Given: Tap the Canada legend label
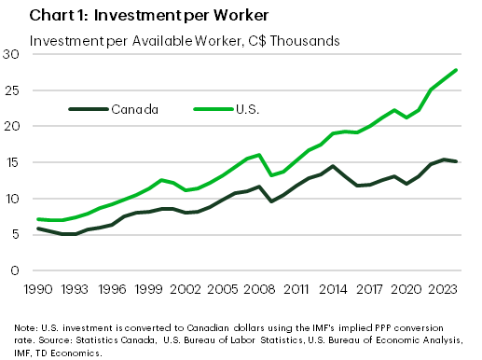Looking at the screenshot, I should pos(135,109).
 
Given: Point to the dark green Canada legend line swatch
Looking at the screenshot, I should pos(88,109).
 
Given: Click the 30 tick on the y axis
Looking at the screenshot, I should pos(12,54).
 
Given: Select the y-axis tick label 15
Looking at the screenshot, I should pos(12,162).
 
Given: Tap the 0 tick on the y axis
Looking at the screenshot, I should pos(16,271).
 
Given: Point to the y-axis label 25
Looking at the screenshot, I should pos(12,90).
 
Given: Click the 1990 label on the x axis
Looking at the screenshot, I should pos(38,289).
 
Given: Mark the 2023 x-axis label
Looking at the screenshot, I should pos(442,289).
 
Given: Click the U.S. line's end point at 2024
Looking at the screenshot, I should pos(455,70).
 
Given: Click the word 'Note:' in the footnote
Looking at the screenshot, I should pos(27,327).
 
